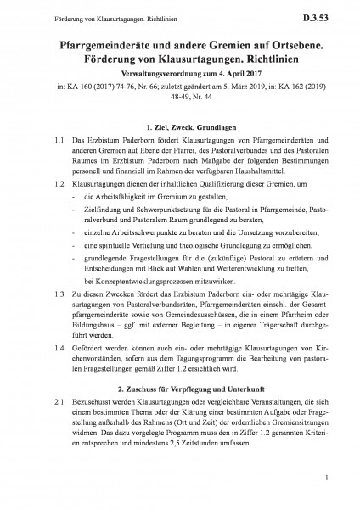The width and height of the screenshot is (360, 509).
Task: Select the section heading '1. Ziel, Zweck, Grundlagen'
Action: pyautogui.click(x=180, y=126)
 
